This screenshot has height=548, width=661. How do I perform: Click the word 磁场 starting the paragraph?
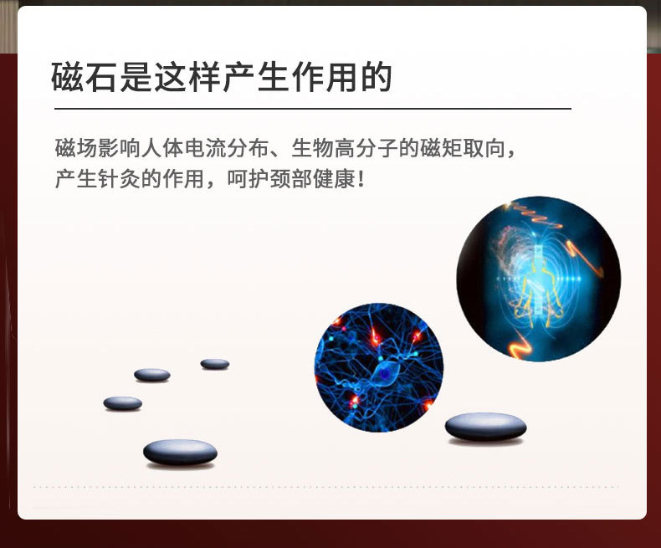click(76, 148)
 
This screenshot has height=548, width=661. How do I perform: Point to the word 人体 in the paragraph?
click(162, 148)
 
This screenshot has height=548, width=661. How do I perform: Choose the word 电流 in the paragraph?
click(205, 148)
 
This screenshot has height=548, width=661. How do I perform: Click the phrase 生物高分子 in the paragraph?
click(345, 148)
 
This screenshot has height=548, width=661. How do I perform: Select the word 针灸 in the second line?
click(119, 179)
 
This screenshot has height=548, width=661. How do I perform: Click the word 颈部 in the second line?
click(291, 179)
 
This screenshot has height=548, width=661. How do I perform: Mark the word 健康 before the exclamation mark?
click(335, 179)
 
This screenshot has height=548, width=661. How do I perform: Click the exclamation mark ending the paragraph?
click(361, 180)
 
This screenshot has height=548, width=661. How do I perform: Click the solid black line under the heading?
click(313, 109)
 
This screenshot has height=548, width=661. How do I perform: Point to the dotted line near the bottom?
click(325, 487)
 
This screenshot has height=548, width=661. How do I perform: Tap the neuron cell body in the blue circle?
click(385, 373)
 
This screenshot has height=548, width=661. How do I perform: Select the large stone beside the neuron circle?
click(485, 427)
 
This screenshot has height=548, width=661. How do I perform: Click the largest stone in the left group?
click(181, 453)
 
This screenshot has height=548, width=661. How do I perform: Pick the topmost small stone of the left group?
click(215, 363)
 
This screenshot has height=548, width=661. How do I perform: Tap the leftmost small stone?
click(123, 403)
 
